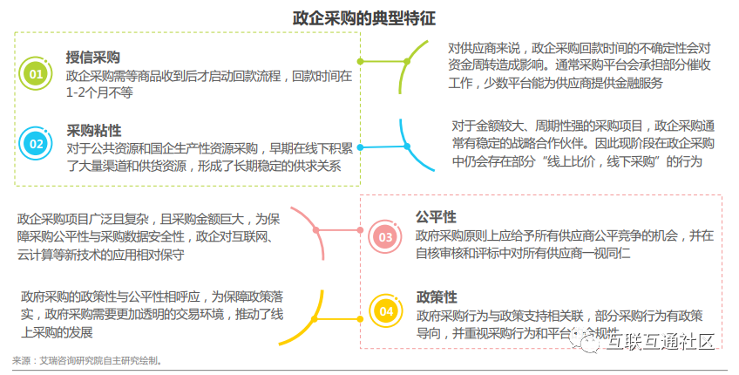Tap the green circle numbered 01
click(x=37, y=74)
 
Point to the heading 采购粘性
click(x=93, y=130)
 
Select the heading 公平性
click(x=436, y=216)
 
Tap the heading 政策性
click(x=436, y=297)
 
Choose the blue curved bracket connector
click(x=410, y=147)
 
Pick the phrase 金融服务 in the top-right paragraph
click(x=635, y=83)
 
